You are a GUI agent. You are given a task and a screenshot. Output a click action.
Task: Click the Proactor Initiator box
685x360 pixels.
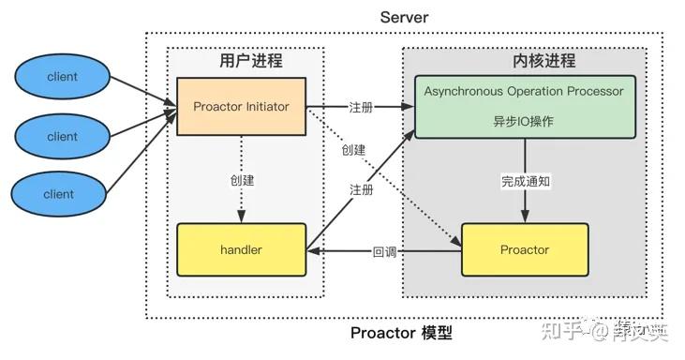[x=242, y=106]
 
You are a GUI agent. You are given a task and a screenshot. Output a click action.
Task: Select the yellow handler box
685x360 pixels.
[x=241, y=250]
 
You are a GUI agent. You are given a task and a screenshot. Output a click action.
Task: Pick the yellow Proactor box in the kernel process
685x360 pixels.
[x=525, y=250]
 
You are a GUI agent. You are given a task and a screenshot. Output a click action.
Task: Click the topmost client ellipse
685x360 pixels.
[x=62, y=77]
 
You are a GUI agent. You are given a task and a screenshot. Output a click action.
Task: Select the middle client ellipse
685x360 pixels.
[x=62, y=136]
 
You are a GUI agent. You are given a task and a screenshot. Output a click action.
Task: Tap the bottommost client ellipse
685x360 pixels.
[x=62, y=195]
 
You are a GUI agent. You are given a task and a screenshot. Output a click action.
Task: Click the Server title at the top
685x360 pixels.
[x=404, y=17]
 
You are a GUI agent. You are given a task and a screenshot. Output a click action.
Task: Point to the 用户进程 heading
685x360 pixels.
[x=250, y=61]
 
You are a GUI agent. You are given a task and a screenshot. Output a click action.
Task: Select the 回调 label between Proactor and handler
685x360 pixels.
[x=385, y=251]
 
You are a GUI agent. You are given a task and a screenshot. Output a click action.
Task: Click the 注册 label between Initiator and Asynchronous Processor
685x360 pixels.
[x=361, y=108]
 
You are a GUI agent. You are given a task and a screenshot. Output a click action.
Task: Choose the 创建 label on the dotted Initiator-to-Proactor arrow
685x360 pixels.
[x=353, y=150]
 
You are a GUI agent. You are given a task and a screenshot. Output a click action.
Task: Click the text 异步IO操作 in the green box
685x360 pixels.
[x=524, y=122]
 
